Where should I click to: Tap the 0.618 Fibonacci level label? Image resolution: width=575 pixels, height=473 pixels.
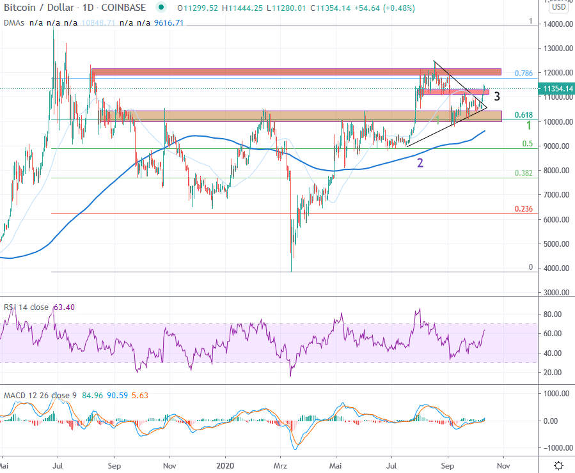(524, 115)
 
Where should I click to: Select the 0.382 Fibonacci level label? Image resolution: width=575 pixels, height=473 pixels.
(523, 173)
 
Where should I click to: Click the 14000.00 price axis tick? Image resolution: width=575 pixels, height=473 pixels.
(554, 24)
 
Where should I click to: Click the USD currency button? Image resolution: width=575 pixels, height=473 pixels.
(558, 8)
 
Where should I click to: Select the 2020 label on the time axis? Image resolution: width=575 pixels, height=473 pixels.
(224, 466)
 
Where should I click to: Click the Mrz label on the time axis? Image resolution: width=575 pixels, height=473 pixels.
(281, 466)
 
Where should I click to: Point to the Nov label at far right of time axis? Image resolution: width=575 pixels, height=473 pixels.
(503, 466)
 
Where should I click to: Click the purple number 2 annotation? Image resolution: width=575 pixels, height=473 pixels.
(420, 163)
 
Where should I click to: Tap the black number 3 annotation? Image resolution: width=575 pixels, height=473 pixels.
(496, 97)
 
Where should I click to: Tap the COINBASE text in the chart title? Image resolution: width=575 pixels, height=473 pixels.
(123, 8)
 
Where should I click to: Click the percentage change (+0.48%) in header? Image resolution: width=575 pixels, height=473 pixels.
(397, 8)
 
